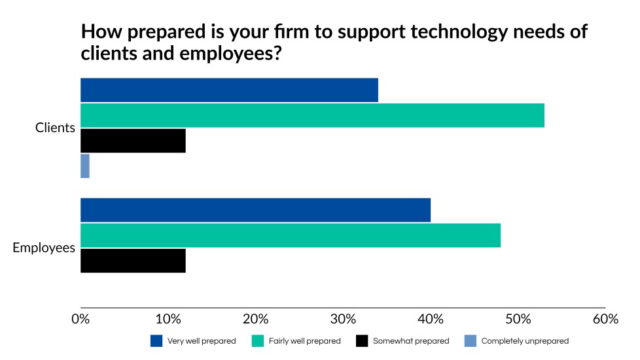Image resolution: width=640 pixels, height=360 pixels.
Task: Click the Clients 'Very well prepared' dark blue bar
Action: (x=229, y=90)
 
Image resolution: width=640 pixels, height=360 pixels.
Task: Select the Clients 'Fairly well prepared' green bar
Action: (x=312, y=115)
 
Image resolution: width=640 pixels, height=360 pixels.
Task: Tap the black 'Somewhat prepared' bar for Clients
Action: (x=133, y=141)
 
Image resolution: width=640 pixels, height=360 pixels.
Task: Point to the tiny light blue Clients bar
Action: (x=85, y=166)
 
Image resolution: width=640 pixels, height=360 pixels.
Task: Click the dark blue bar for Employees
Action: (x=255, y=210)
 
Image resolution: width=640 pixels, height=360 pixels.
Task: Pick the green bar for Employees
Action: (x=290, y=235)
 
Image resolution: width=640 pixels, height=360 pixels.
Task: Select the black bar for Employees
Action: (x=133, y=261)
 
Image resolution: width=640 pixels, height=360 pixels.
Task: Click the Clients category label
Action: (x=55, y=128)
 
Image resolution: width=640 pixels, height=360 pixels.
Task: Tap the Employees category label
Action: (x=44, y=248)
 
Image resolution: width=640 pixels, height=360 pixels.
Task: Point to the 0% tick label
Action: (x=80, y=319)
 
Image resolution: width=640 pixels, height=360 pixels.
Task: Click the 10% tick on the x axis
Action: (x=168, y=319)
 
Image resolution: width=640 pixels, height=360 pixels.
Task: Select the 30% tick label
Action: (x=343, y=319)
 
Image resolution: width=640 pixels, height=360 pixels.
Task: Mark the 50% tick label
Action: (x=518, y=319)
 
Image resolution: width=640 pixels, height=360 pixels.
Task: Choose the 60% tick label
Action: (x=605, y=319)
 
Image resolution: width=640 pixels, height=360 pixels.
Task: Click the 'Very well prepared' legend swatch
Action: (x=156, y=341)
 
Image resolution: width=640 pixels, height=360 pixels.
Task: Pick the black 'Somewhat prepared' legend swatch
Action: (x=362, y=341)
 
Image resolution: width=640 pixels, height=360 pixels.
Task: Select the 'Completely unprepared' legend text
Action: (x=525, y=341)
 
